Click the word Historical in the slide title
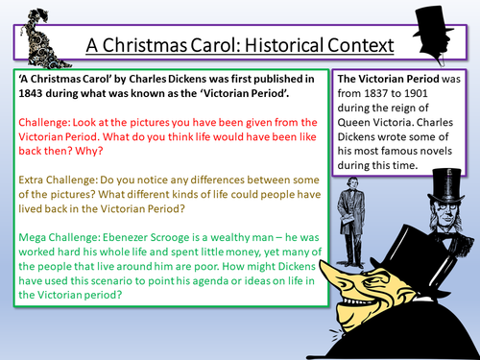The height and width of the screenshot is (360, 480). click(x=257, y=44)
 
